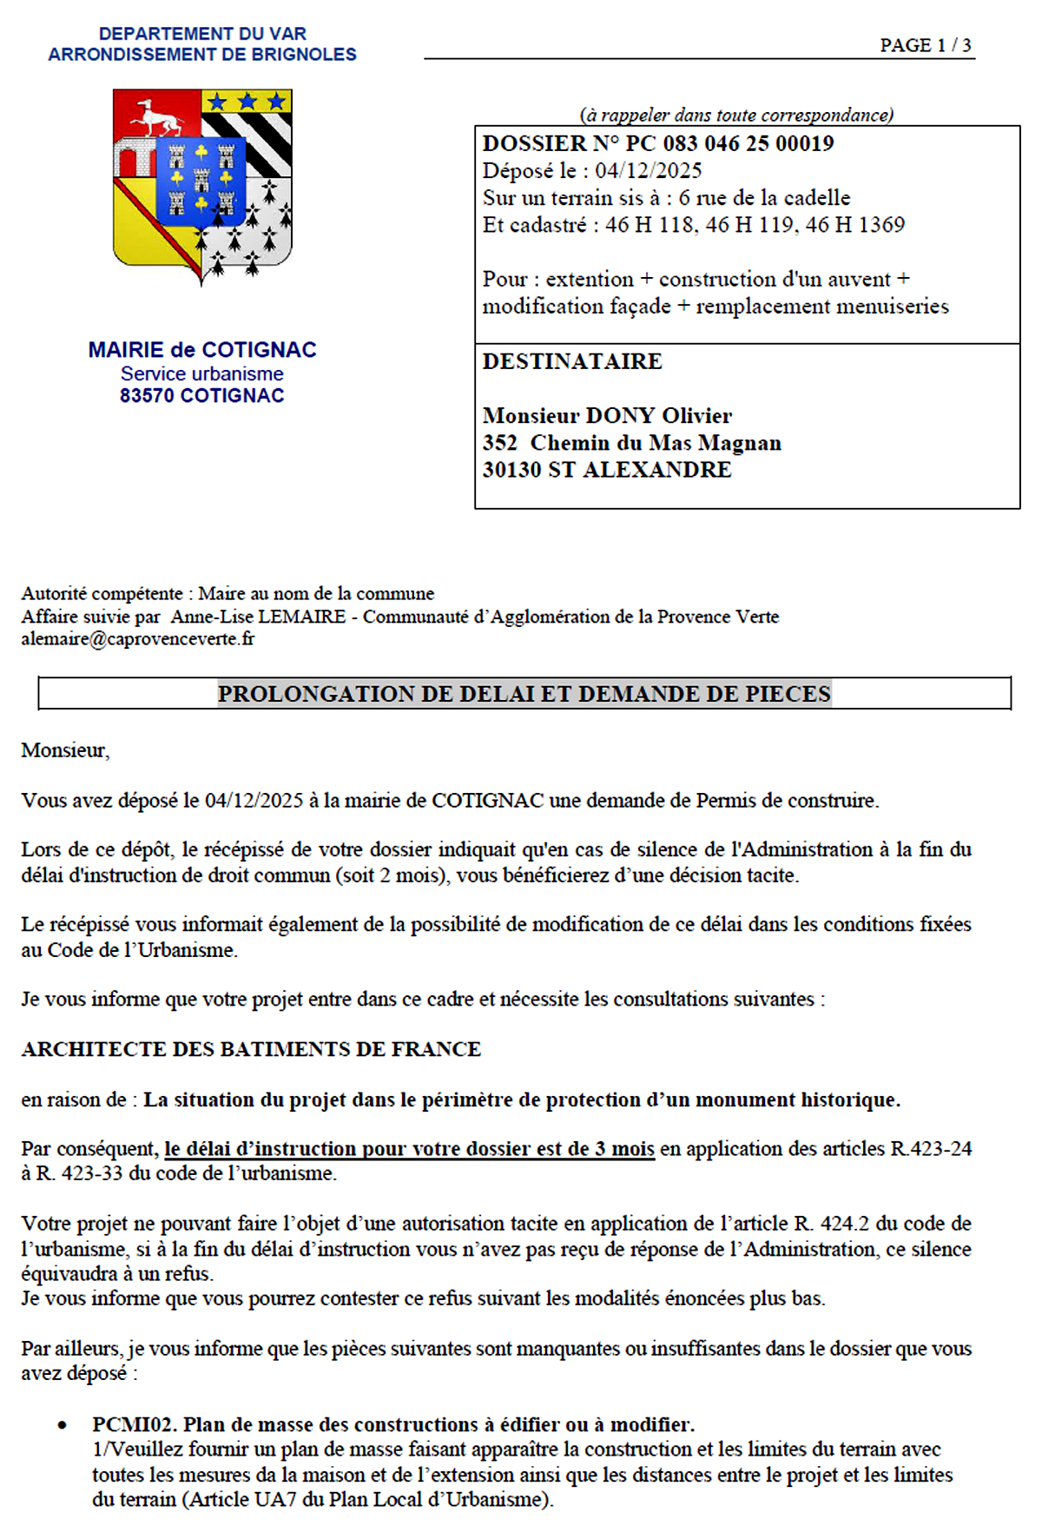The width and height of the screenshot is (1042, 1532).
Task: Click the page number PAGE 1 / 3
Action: [925, 45]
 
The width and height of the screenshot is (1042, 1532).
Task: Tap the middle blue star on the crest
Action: [247, 102]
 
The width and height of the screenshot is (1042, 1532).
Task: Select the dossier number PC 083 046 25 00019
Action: [729, 143]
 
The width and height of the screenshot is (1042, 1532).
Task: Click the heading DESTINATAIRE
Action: [572, 361]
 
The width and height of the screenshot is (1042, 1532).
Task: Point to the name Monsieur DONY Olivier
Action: [607, 415]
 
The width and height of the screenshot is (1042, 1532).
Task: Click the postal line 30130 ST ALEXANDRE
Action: [607, 470]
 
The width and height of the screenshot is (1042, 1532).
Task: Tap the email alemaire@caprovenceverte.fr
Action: [138, 639]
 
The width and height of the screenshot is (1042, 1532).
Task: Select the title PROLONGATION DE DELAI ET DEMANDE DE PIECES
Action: [524, 694]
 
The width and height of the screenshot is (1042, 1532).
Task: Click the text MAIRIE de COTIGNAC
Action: [202, 350]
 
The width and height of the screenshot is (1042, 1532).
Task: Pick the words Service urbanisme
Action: [202, 373]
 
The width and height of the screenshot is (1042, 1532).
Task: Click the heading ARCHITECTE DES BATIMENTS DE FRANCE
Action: [251, 1049]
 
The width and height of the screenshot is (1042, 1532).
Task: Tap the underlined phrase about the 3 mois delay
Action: [409, 1149]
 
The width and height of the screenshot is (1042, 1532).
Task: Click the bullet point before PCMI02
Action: [63, 1425]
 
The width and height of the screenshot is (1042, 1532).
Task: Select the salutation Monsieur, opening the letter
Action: [65, 750]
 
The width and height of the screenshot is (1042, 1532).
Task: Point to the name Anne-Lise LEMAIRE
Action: [258, 617]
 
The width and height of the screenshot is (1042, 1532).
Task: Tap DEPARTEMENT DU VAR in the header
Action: [202, 34]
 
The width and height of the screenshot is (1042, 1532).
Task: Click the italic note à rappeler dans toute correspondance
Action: [736, 115]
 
